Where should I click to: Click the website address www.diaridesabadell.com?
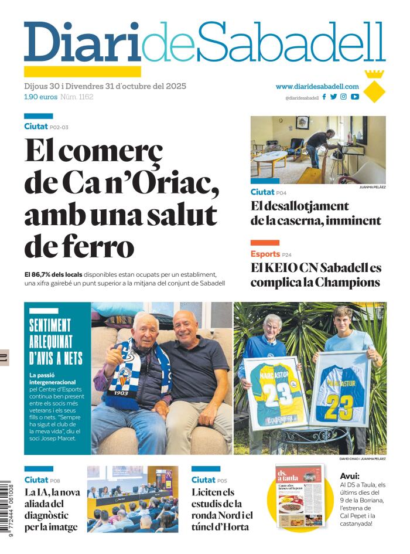point(317,86)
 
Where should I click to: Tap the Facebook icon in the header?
point(324,97)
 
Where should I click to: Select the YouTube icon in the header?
point(355,97)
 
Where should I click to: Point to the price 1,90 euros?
point(40,97)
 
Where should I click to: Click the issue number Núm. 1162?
point(77,97)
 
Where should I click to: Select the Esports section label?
point(265,254)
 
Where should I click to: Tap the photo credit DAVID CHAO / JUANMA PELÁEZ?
point(362,458)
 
